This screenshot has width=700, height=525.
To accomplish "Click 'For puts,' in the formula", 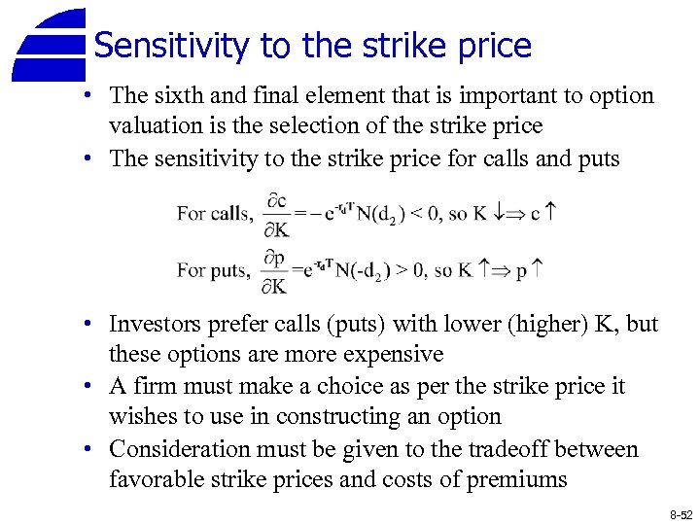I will (x=213, y=271).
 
